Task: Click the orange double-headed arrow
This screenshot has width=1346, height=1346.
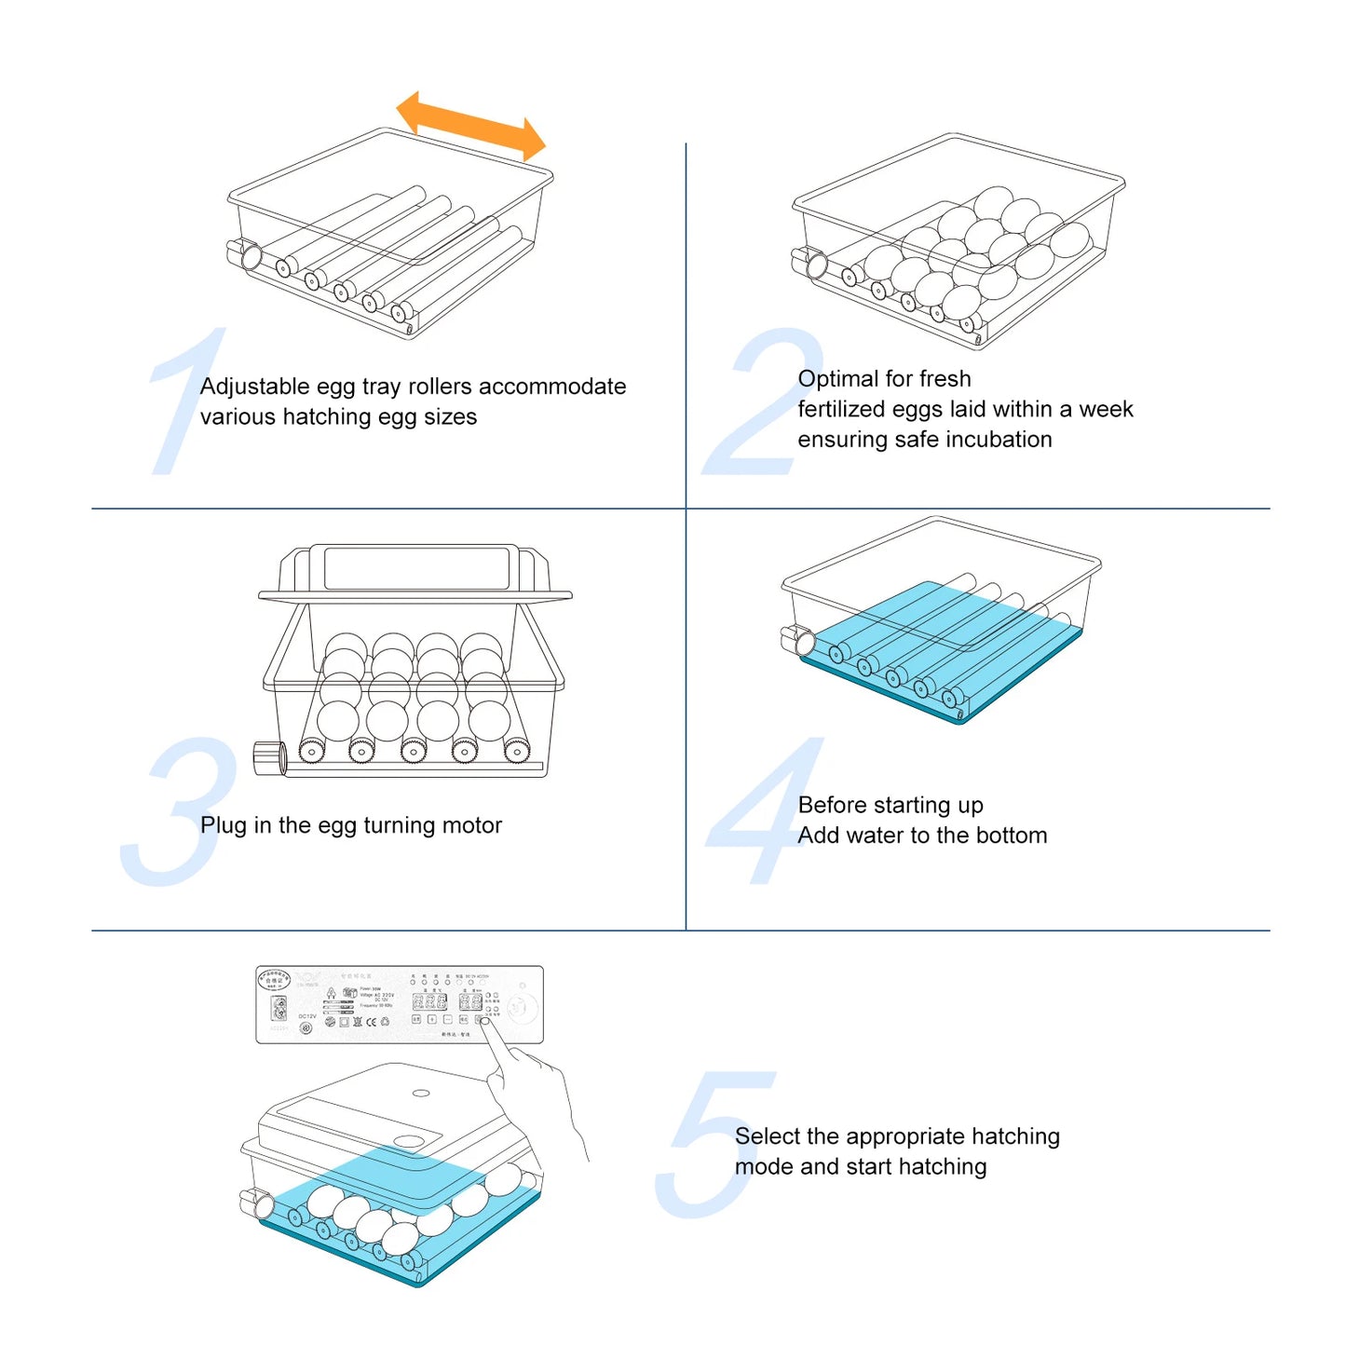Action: [x=471, y=126]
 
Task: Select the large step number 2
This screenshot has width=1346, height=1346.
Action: [x=762, y=404]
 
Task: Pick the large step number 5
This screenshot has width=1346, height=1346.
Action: [x=712, y=1146]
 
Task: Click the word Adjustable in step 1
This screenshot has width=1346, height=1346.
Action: [x=254, y=387]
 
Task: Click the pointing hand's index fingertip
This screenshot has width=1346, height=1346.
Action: [x=485, y=1023]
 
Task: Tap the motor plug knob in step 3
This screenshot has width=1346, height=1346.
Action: [x=269, y=757]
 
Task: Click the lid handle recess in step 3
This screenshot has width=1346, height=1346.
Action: [x=416, y=568]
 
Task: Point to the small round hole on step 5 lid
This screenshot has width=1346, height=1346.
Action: [x=421, y=1094]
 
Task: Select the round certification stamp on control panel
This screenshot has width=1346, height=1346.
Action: [x=274, y=980]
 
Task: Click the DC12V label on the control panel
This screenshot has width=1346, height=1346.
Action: [x=307, y=1016]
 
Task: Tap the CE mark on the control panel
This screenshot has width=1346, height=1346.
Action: [x=372, y=1022]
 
